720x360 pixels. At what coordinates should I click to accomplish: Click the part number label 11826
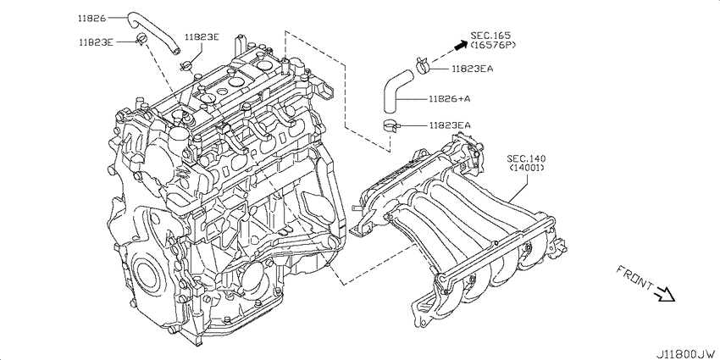click(91, 19)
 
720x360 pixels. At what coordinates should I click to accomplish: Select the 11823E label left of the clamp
click(96, 42)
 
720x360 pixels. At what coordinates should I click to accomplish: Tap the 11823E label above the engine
click(202, 37)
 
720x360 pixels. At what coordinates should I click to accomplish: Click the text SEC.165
click(490, 36)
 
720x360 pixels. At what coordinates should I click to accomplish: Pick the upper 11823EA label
click(473, 69)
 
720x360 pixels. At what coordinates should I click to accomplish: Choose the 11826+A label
click(450, 98)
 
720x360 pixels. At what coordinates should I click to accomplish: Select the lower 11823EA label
click(450, 125)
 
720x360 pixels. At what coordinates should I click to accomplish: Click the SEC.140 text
click(527, 159)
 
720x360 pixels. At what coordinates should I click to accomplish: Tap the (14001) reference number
click(527, 168)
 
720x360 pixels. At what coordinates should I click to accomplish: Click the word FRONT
click(634, 278)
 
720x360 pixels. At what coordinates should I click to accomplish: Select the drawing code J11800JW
click(686, 354)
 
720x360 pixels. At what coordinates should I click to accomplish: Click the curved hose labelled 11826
click(156, 32)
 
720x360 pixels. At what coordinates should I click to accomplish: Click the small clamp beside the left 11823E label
click(140, 39)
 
